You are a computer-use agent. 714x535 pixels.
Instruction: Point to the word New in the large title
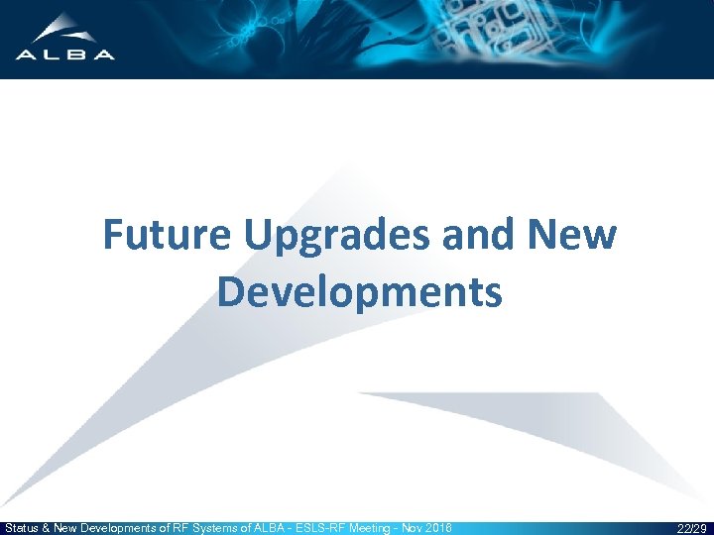click(576, 236)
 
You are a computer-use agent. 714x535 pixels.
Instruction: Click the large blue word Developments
click(359, 292)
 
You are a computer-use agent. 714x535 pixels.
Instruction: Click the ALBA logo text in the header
click(64, 54)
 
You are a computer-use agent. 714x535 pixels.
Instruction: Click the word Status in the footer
click(24, 528)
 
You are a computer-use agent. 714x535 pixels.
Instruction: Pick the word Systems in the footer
click(227, 528)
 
